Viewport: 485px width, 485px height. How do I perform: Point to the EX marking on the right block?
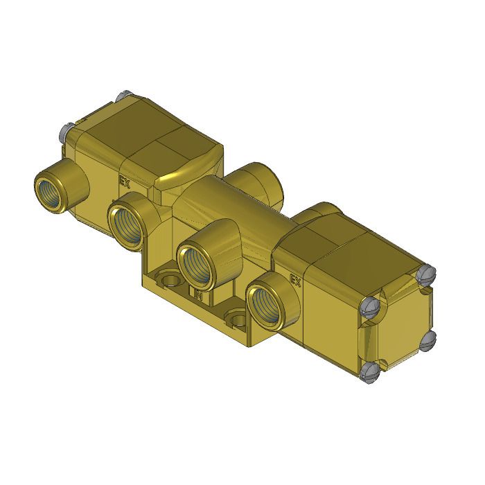coord(294,281)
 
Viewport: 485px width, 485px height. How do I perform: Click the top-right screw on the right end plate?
coord(427,275)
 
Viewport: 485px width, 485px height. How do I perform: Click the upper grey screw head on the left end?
coord(124,95)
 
